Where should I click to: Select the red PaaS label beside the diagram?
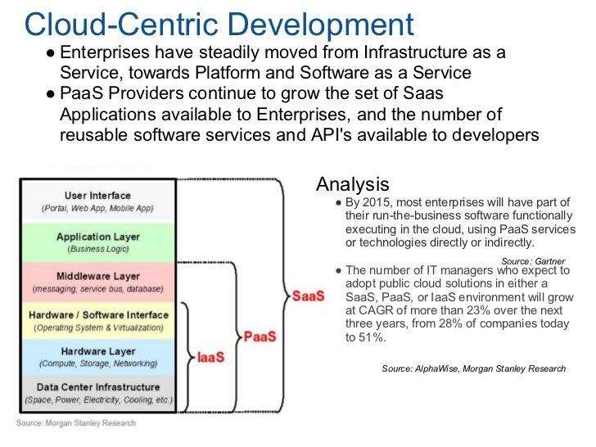[x=260, y=336]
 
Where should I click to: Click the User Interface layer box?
[x=97, y=201]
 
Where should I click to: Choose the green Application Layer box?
[x=97, y=242]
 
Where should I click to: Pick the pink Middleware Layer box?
[x=97, y=282]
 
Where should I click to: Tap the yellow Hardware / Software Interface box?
[x=97, y=321]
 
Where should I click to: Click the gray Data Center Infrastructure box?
[x=97, y=393]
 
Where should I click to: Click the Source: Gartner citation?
[x=532, y=260]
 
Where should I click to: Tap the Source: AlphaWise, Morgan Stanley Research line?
[x=473, y=368]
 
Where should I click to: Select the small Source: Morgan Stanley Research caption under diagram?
[x=76, y=423]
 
